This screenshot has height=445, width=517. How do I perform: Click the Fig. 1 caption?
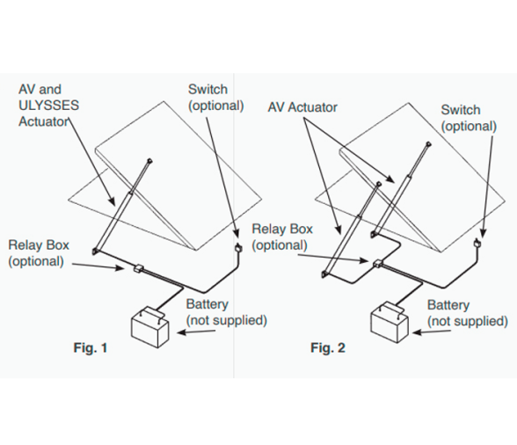coord(91,347)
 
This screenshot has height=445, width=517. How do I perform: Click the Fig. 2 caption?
coord(328,347)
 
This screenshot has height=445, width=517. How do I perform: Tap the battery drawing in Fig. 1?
coord(150,327)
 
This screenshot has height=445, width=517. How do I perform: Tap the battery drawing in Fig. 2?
coord(390,322)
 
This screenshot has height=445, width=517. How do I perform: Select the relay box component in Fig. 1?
coord(138,268)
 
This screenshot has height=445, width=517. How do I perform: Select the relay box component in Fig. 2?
coord(377,263)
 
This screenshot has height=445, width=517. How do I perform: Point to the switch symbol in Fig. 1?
coord(237,247)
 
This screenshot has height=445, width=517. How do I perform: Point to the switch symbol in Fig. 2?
coord(477,244)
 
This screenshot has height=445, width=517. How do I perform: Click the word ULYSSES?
coord(49,106)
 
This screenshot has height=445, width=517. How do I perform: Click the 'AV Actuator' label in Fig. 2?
coord(302,107)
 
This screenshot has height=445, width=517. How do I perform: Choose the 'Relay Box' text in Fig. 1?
coord(39,245)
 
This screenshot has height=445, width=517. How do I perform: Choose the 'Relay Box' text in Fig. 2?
coord(282,229)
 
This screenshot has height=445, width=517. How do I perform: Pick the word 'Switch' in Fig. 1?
coord(208,90)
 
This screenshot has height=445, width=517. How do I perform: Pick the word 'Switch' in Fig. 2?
coord(461,110)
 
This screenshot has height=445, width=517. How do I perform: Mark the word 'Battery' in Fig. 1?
coord(208,304)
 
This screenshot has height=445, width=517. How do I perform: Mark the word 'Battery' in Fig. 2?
coord(448,305)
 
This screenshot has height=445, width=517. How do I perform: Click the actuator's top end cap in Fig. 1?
coord(149,161)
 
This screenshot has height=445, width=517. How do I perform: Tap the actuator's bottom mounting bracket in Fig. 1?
coord(95,251)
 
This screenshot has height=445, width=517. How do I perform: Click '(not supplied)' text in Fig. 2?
coord(468,321)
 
